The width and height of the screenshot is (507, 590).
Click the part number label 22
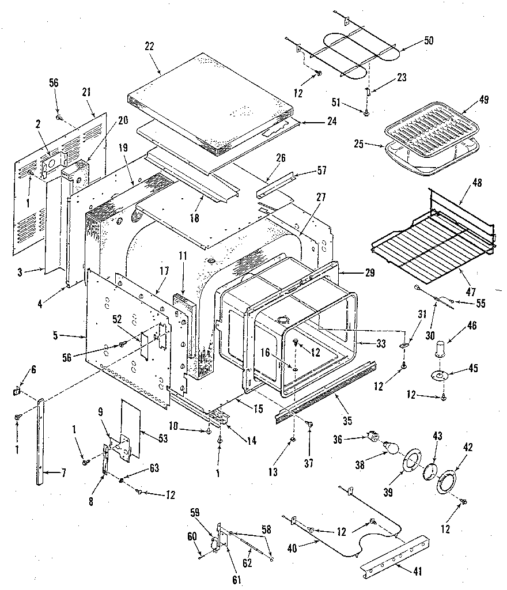[x=149, y=47]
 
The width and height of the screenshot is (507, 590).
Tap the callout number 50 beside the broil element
[x=429, y=40]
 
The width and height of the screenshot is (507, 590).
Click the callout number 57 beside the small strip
[x=321, y=171]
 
